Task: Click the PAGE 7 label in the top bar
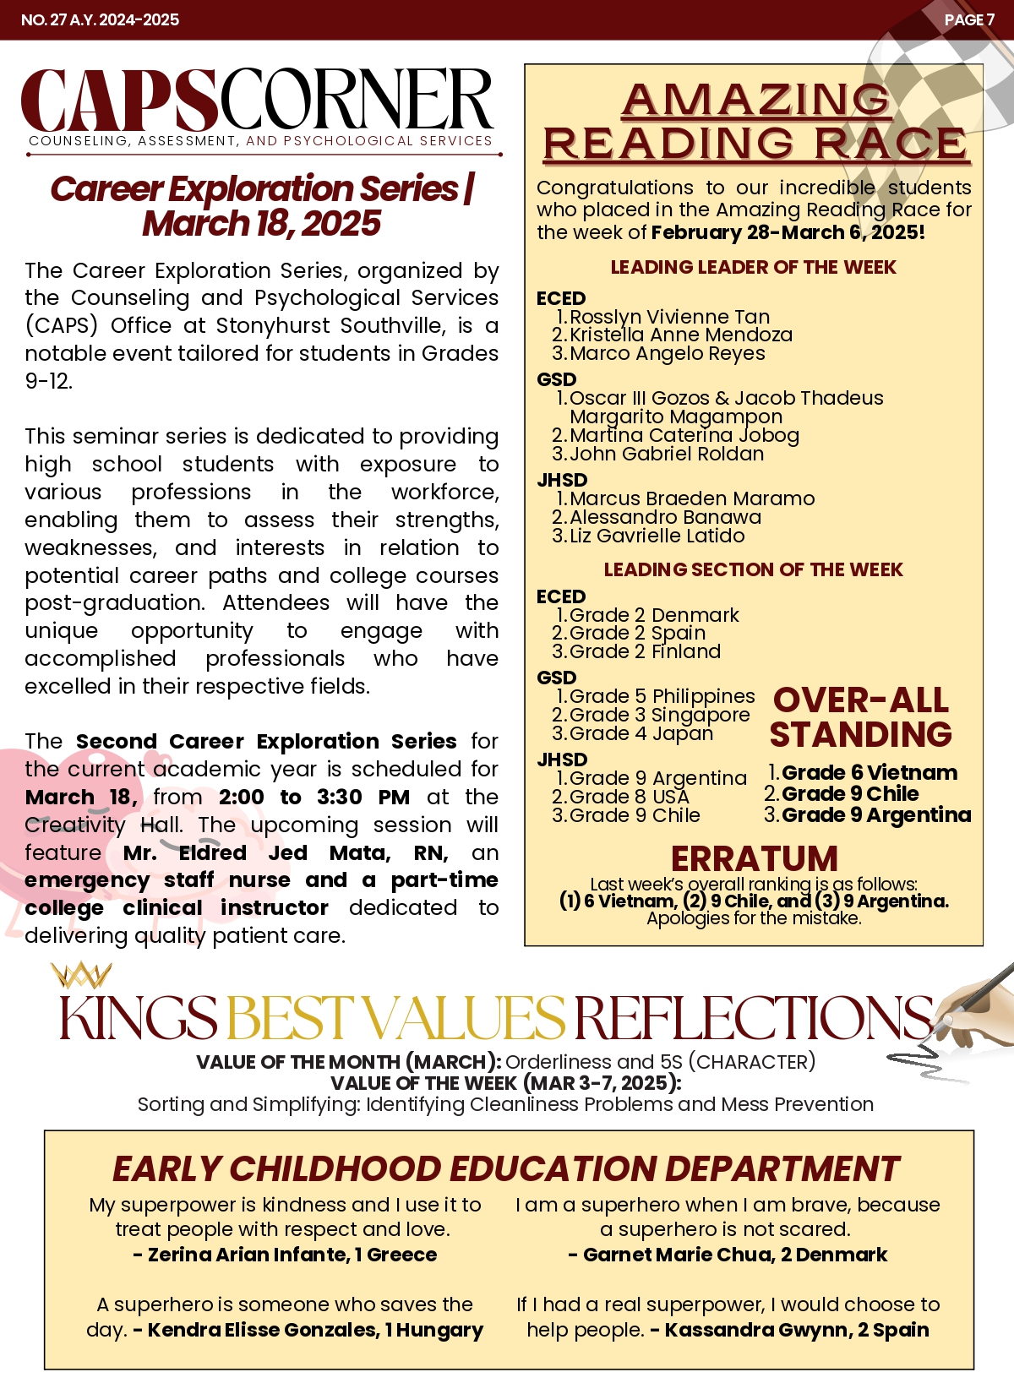pos(968,19)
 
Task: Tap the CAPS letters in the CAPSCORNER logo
pos(118,101)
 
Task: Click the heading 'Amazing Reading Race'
pos(755,122)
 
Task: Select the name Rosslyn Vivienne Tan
pos(669,317)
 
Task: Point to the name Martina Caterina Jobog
pos(684,435)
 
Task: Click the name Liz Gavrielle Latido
pos(657,536)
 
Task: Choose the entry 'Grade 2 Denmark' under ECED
pos(654,615)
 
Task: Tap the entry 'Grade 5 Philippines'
pos(662,696)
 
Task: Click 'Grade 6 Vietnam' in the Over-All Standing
pos(869,772)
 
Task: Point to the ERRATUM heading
pos(754,858)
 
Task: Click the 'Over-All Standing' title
pos(860,717)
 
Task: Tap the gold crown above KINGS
pos(80,975)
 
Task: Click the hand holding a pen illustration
pos(972,1005)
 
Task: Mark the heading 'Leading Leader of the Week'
pos(753,267)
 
